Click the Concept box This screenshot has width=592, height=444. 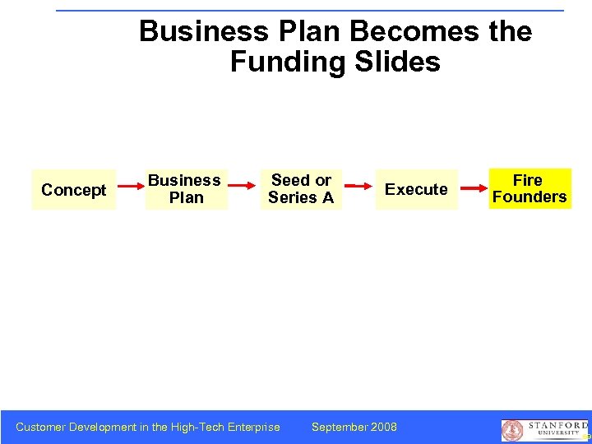[74, 190]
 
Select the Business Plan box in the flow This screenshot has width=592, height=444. [186, 189]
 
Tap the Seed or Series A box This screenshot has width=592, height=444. [301, 189]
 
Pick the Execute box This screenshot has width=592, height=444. [416, 189]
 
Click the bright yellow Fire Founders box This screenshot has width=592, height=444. [530, 188]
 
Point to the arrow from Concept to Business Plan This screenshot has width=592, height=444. [131, 190]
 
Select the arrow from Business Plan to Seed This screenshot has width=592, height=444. [243, 189]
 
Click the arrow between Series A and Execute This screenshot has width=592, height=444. [358, 189]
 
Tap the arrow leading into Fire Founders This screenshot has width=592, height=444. [473, 189]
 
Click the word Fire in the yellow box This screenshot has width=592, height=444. [528, 180]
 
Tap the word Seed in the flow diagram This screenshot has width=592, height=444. [289, 180]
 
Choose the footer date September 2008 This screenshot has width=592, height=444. [354, 427]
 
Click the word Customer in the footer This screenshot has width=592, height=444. [41, 427]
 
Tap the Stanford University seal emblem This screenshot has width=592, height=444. [512, 431]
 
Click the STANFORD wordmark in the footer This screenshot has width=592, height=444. [558, 425]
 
